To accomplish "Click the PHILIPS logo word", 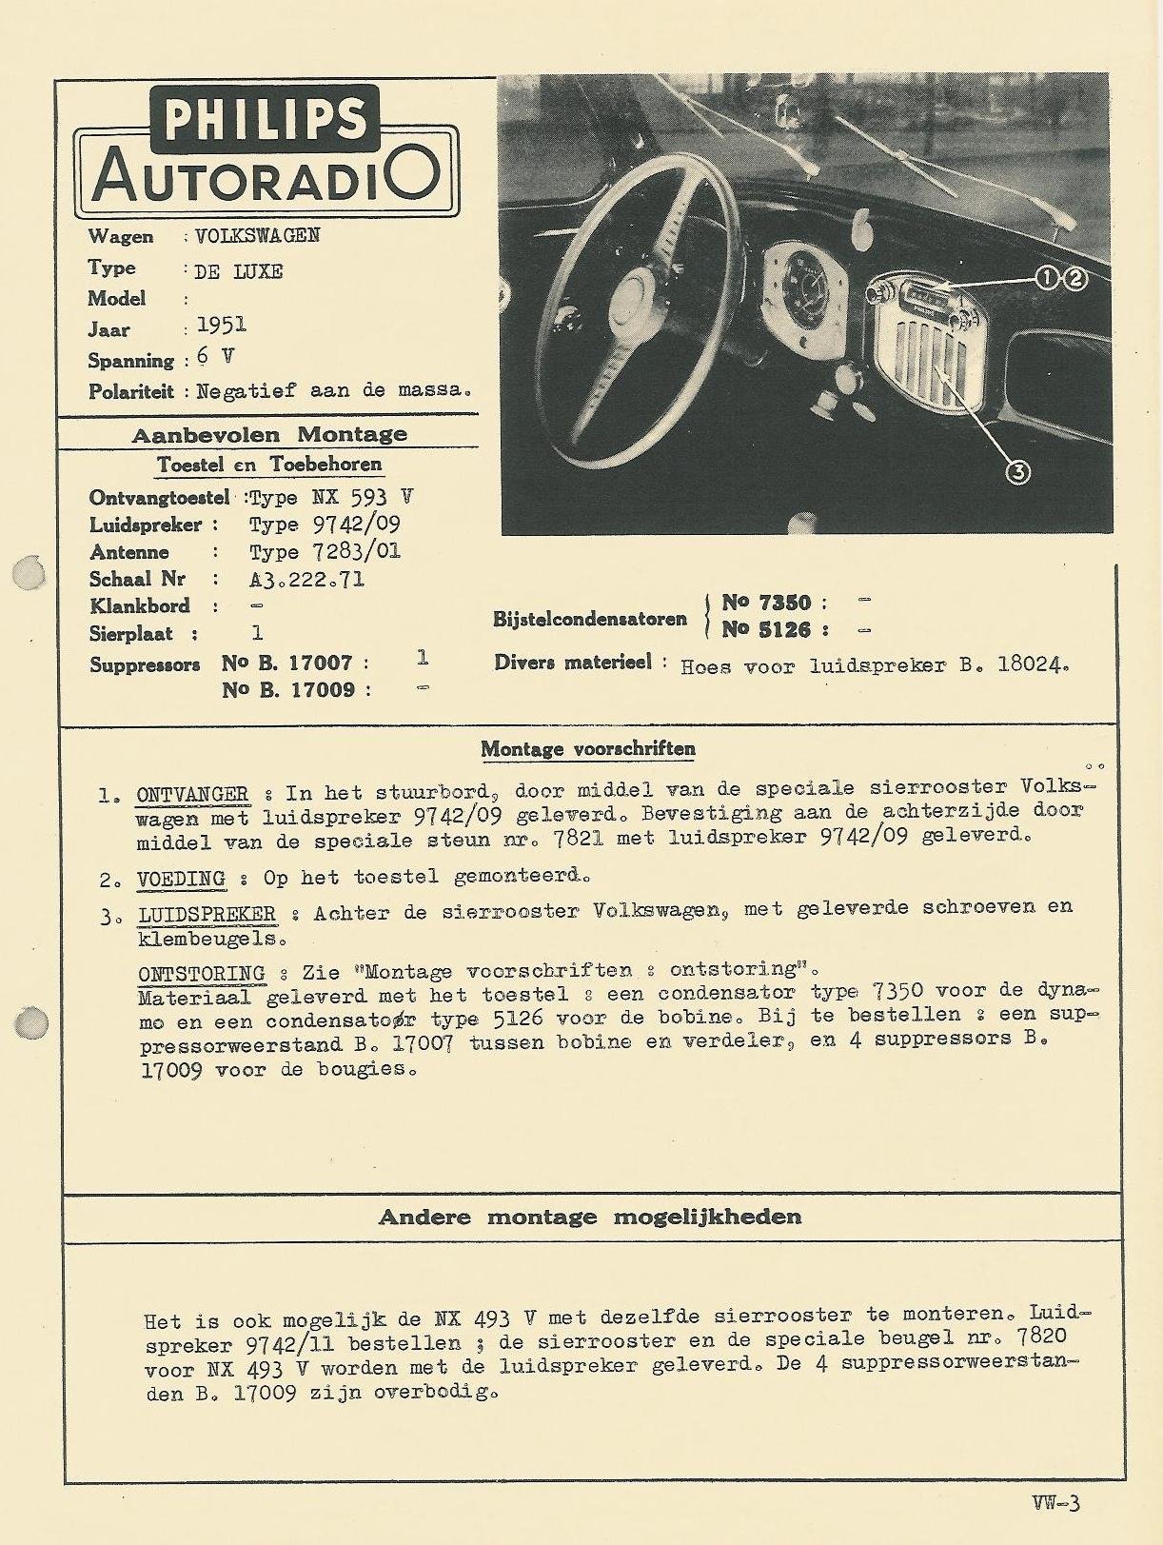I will (x=266, y=119).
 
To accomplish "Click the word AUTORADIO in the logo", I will (x=266, y=176).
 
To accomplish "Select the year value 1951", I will (x=221, y=326).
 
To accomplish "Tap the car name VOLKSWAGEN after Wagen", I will (x=257, y=236).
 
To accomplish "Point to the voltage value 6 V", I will (x=215, y=357).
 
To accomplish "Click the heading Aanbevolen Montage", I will (x=268, y=435).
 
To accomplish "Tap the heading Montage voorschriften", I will (x=587, y=748).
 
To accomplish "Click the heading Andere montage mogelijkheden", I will (x=589, y=1217).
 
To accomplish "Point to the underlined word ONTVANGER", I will (x=192, y=794).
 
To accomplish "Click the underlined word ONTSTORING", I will (x=201, y=973).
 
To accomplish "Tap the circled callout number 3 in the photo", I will (x=1017, y=471).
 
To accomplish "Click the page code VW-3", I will (x=1055, y=1503).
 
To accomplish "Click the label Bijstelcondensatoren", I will (x=589, y=619).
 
